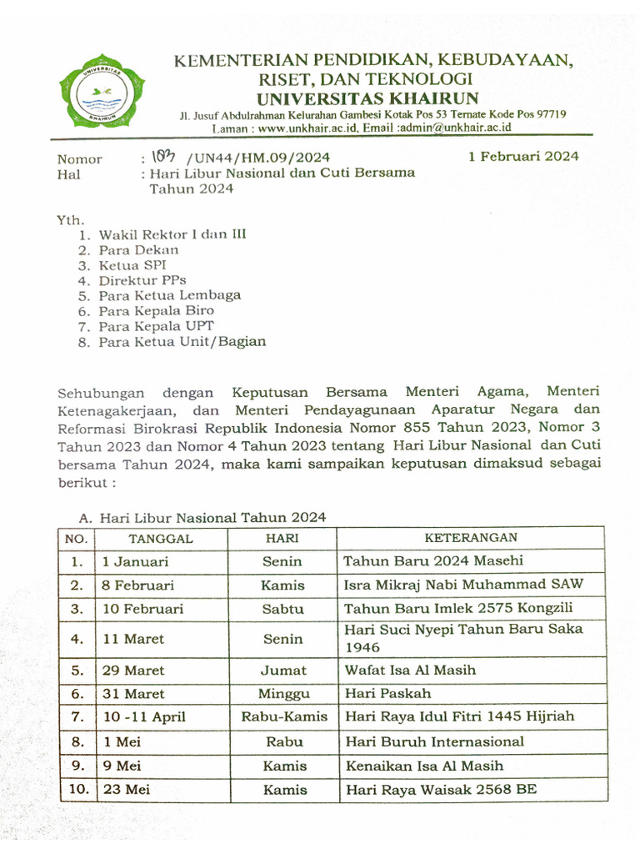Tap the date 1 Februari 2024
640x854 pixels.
click(523, 156)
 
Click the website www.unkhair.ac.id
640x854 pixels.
click(308, 128)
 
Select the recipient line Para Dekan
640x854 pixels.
click(138, 250)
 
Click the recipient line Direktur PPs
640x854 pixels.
click(142, 280)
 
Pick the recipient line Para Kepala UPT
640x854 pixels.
click(156, 326)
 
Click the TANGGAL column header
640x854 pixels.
click(160, 539)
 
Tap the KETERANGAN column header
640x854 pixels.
click(471, 538)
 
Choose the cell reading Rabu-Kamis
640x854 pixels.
click(284, 716)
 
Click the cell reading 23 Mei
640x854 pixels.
click(126, 790)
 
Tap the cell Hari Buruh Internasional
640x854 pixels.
click(434, 741)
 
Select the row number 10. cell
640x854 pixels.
click(77, 790)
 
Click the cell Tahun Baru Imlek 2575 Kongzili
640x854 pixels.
click(458, 609)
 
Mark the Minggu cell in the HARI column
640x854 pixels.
click(284, 694)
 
